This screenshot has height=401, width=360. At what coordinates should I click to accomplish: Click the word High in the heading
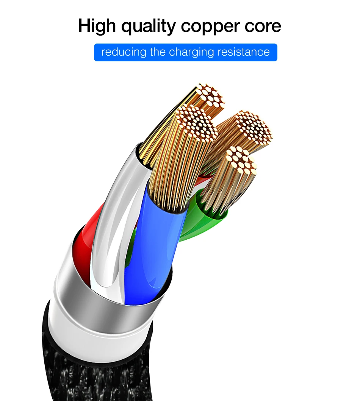[x=97, y=26]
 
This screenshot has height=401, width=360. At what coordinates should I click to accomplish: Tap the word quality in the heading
[x=149, y=26]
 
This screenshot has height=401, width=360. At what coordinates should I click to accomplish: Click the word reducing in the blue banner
[x=124, y=52]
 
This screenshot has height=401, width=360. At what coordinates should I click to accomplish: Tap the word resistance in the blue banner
[x=244, y=52]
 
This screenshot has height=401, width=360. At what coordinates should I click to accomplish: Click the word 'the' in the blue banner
[x=158, y=52]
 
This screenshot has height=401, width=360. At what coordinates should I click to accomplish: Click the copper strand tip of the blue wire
[x=197, y=123]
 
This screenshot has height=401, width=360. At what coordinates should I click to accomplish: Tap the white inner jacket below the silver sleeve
[x=100, y=340]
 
